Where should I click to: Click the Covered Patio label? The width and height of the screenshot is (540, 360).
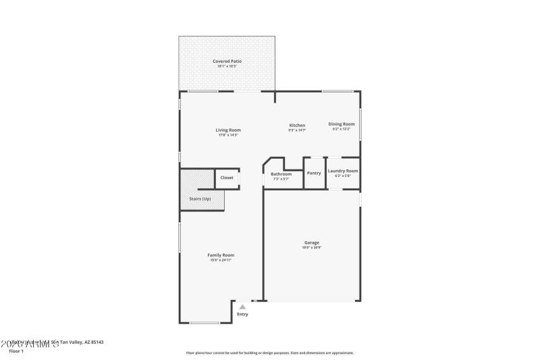pyautogui.click(x=227, y=61)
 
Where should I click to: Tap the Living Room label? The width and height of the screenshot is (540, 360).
pyautogui.click(x=228, y=130)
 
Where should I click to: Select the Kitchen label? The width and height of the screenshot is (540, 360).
pyautogui.click(x=297, y=125)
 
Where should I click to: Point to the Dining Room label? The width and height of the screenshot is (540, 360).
pyautogui.click(x=342, y=124)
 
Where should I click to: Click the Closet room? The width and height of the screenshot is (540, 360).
pyautogui.click(x=227, y=178)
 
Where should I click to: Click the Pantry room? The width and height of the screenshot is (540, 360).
pyautogui.click(x=314, y=173)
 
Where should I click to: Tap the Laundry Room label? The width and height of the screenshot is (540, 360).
pyautogui.click(x=343, y=171)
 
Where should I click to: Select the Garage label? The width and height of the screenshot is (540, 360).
pyautogui.click(x=311, y=242)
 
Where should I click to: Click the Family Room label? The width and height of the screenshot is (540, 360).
pyautogui.click(x=221, y=255)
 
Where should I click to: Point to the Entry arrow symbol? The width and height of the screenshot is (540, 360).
pyautogui.click(x=242, y=306)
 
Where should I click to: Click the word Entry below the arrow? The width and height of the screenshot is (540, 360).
pyautogui.click(x=242, y=314)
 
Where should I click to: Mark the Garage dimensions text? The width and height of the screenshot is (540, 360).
pyautogui.click(x=311, y=247)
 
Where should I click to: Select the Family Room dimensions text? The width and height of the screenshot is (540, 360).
pyautogui.click(x=221, y=260)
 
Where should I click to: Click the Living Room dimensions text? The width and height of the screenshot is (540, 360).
pyautogui.click(x=228, y=135)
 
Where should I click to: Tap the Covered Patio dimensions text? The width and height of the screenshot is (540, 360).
pyautogui.click(x=227, y=66)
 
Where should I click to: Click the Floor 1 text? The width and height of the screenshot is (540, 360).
pyautogui.click(x=16, y=351)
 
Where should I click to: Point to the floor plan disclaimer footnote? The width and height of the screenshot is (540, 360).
pyautogui.click(x=269, y=353)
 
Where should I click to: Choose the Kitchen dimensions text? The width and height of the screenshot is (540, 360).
pyautogui.click(x=297, y=130)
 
